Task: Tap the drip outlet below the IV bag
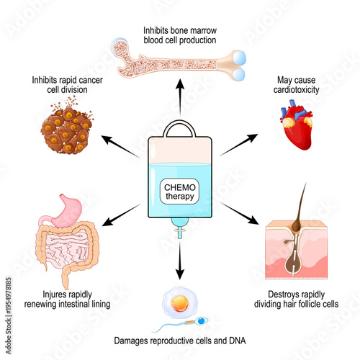176,234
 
